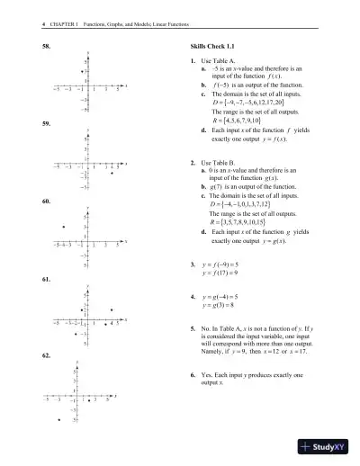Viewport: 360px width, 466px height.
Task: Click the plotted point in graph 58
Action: (x=83, y=70)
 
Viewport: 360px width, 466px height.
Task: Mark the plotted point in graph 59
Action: (x=111, y=172)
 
